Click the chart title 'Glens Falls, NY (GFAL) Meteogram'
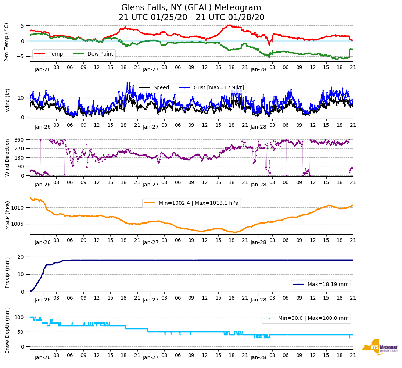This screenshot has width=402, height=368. coord(191,7)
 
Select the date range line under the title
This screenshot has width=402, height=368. coord(191,18)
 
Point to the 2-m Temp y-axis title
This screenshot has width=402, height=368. coord(7,42)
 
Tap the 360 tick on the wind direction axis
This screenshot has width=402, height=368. coord(19,140)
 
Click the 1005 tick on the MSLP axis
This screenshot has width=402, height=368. coord(18,224)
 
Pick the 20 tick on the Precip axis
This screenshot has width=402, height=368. coord(21,257)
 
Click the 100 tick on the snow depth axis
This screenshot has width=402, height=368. coord(19,317)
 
